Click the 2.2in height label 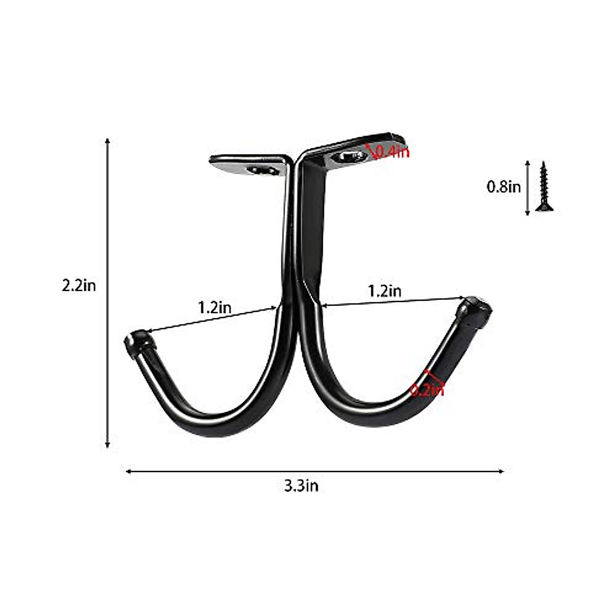[x=79, y=285]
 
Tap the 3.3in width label [x=301, y=486]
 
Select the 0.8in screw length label [x=504, y=186]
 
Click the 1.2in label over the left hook [x=215, y=307]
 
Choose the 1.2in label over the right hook [x=384, y=291]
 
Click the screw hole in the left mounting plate [x=259, y=170]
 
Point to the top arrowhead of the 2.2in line [x=107, y=141]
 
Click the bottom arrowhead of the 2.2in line [x=107, y=446]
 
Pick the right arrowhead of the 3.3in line [x=502, y=471]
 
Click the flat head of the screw [x=545, y=207]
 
